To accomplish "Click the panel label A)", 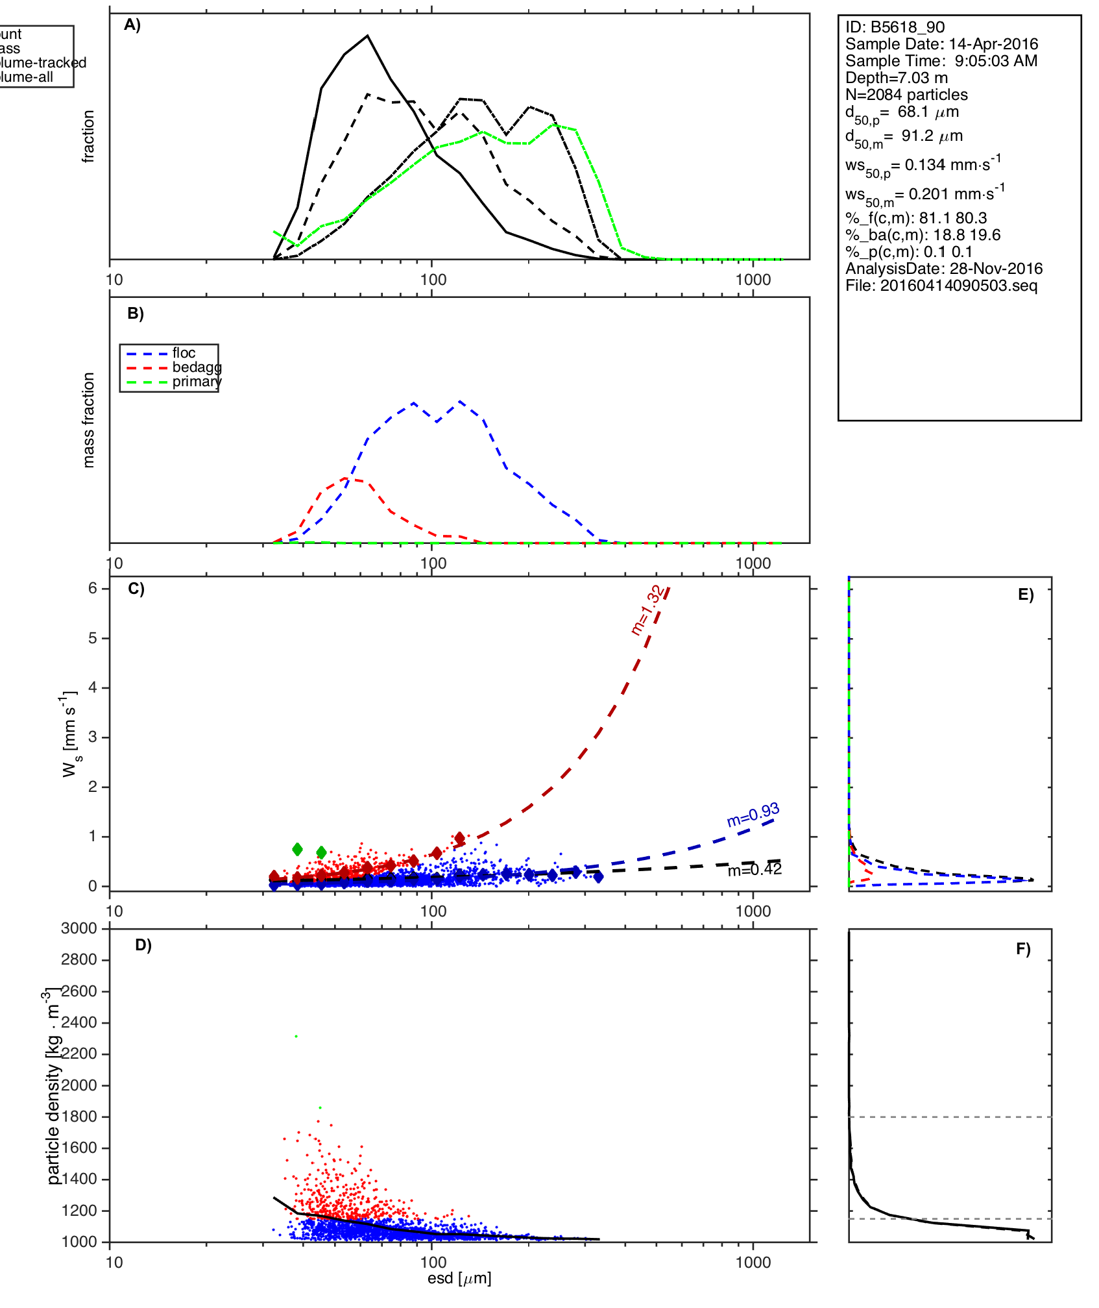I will [132, 25].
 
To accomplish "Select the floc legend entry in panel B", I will [184, 352].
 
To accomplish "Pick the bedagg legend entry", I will [197, 367].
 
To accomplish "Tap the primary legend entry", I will [197, 382].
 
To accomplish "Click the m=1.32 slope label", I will [647, 610].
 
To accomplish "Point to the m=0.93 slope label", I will [753, 815].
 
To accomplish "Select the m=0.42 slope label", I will [755, 870].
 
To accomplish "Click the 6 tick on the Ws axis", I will [93, 588].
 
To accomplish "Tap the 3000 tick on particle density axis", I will [79, 928].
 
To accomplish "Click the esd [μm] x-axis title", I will [459, 1279].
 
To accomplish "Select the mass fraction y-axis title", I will [89, 420].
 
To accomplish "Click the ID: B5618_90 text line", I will [895, 27].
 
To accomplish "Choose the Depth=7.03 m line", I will [896, 78].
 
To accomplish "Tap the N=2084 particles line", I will [906, 95].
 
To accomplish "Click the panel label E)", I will [1026, 595].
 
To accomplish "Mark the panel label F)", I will [1023, 949].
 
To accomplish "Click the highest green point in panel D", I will [296, 1037].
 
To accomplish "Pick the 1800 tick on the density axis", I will [79, 1117].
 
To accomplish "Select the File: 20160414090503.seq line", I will [941, 286].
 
